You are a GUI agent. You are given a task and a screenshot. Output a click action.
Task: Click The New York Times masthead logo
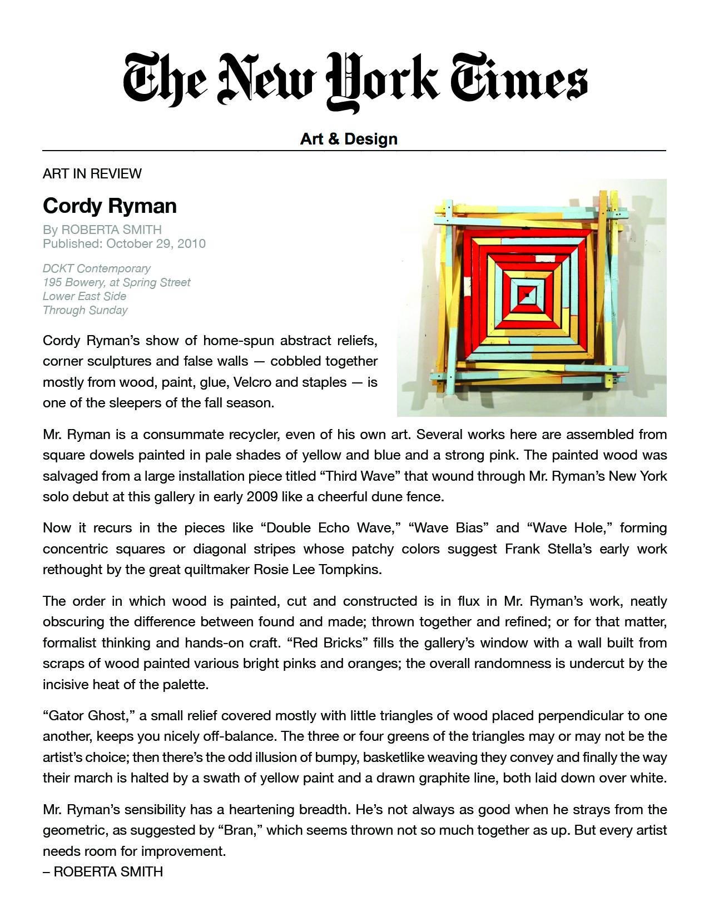point(355,81)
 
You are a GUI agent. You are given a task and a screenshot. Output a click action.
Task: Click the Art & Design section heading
point(349,138)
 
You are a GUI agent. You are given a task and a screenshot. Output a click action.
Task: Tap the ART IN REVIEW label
point(92,174)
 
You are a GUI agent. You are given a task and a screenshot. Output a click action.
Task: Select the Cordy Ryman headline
point(110,206)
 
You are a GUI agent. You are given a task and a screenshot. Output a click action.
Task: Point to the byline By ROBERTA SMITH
point(102,230)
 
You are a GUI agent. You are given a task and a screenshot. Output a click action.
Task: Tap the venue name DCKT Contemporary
point(97,268)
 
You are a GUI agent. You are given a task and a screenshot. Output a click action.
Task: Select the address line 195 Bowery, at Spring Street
point(117,282)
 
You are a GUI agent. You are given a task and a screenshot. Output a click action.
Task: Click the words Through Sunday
point(85,310)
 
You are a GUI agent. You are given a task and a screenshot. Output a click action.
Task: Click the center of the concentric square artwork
point(525,295)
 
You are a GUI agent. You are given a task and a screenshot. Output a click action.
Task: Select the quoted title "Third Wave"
point(361,476)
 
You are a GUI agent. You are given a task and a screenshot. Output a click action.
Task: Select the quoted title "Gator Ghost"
point(87,716)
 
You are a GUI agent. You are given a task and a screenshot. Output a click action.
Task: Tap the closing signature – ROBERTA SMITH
point(103,872)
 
